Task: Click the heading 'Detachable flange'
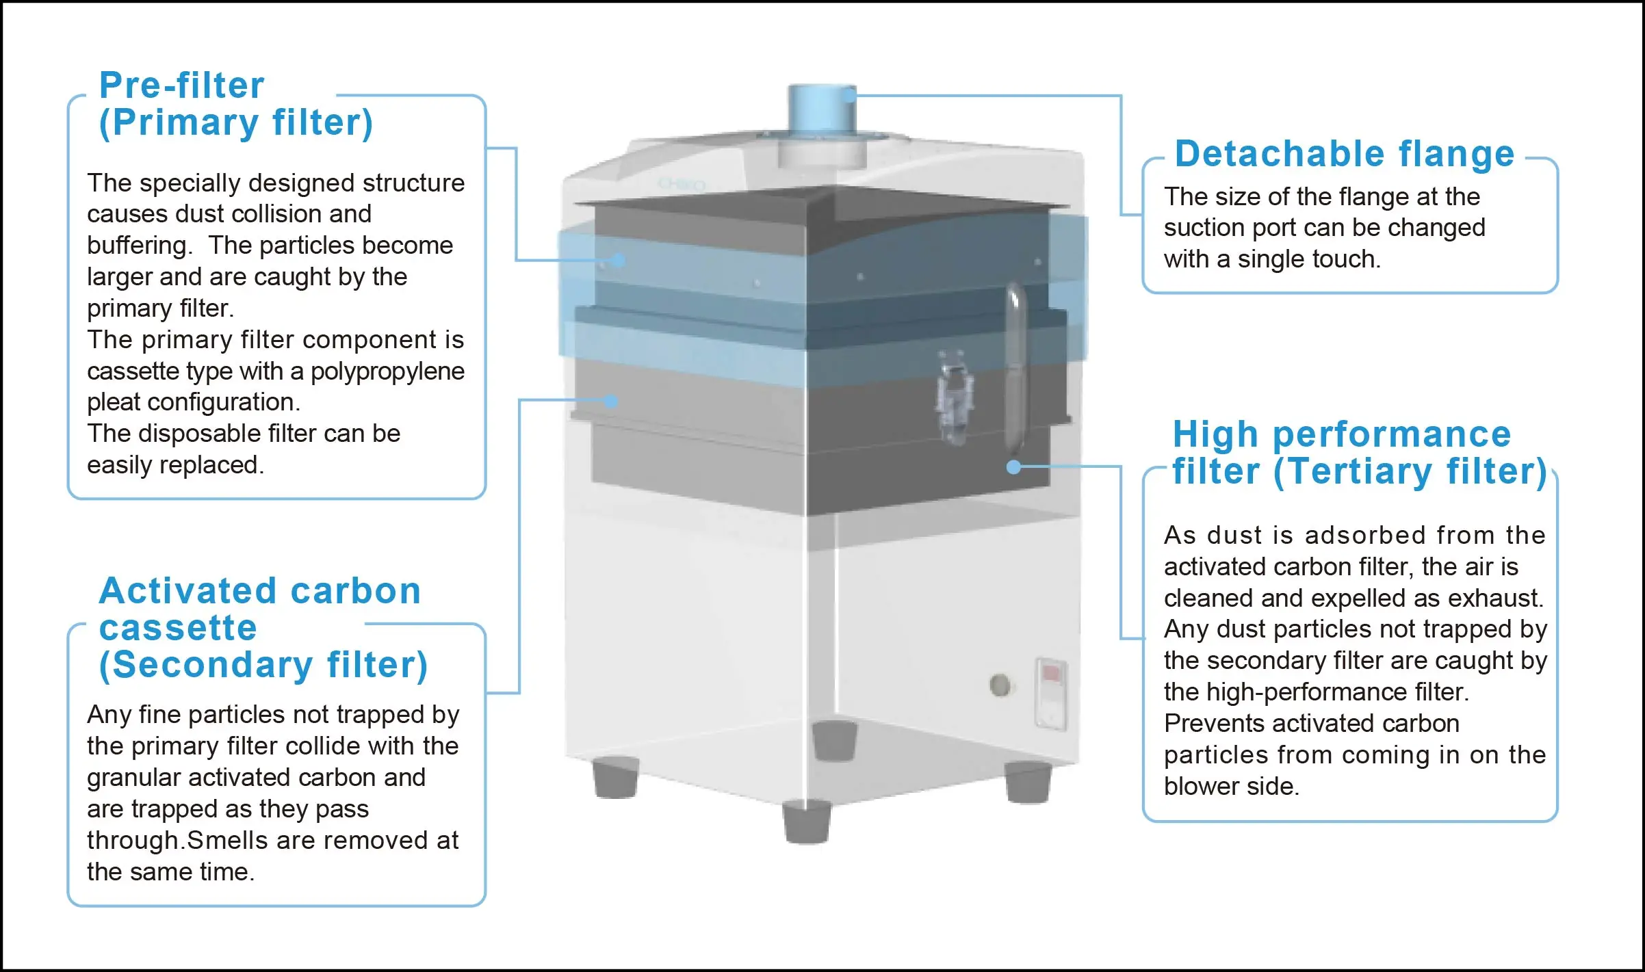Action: [1344, 154]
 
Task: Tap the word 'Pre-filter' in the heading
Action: [181, 86]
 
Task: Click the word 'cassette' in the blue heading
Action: [178, 628]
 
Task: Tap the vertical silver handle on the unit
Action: [1015, 369]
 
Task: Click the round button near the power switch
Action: [1000, 685]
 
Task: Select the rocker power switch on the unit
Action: [1050, 693]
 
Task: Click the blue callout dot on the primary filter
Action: [619, 261]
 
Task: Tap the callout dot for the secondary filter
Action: [612, 402]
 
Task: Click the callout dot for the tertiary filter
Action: [1013, 467]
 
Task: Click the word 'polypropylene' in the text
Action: [387, 371]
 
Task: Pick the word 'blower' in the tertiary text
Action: [1202, 787]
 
